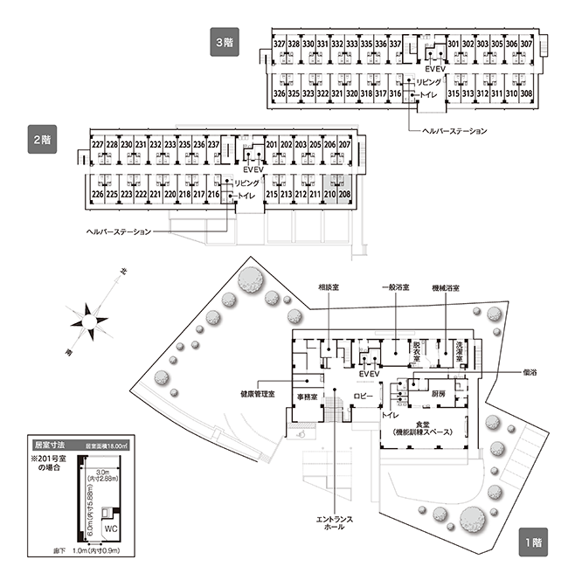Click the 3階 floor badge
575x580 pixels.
[224, 41]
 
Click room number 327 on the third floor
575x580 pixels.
[280, 45]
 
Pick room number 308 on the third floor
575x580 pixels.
[526, 93]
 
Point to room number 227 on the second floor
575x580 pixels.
[98, 145]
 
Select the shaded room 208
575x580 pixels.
[344, 193]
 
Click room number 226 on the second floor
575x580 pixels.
[98, 193]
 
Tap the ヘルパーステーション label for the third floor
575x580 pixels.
[453, 130]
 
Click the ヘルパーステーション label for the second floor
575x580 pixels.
[119, 231]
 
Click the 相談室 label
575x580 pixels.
[328, 286]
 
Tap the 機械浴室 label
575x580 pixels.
[446, 286]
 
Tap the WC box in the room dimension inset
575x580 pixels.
[112, 529]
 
